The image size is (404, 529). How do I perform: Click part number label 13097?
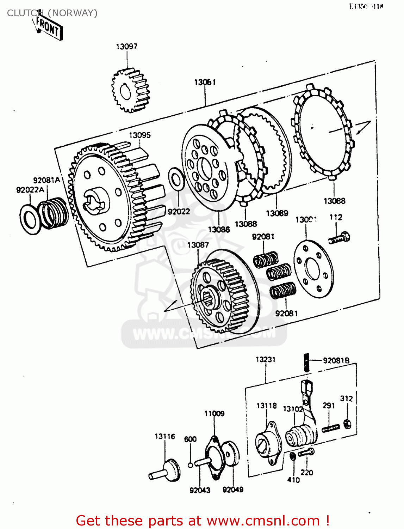click(x=126, y=47)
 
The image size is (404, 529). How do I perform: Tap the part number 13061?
click(x=205, y=82)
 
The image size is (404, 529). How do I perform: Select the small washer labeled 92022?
click(x=176, y=178)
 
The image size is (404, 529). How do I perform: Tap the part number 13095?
click(x=139, y=135)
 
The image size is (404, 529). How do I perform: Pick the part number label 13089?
click(x=277, y=213)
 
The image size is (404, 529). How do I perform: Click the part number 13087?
click(x=198, y=245)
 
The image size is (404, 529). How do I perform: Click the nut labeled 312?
click(x=347, y=423)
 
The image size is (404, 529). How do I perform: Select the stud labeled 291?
click(x=331, y=428)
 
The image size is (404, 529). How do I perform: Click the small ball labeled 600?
click(x=190, y=465)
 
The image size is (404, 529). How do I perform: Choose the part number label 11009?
click(x=214, y=413)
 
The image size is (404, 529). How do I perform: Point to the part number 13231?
click(x=265, y=359)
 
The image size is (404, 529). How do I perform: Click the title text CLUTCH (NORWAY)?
click(x=52, y=13)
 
